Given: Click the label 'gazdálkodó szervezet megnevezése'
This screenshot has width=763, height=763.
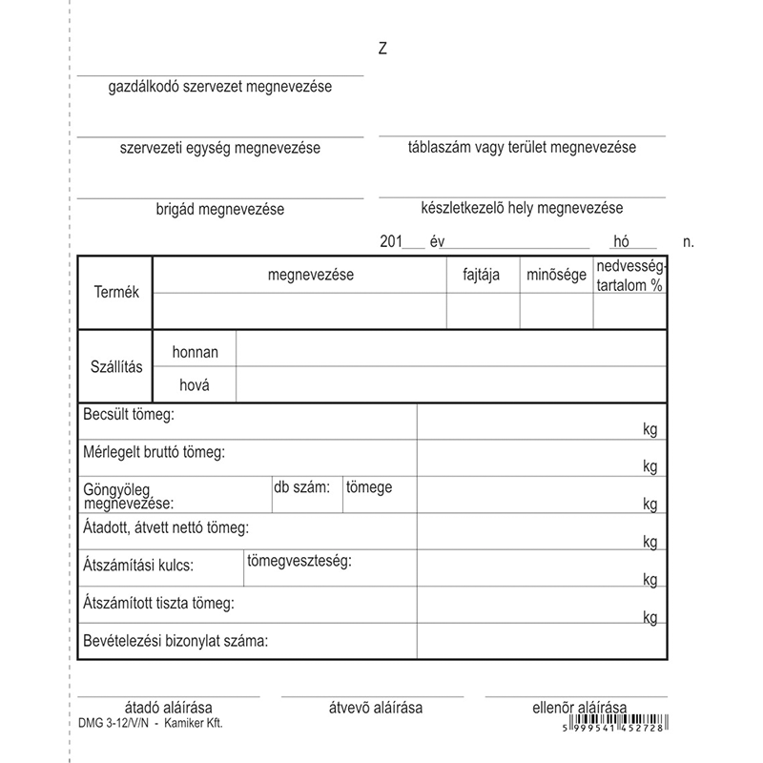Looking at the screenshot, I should (x=219, y=88).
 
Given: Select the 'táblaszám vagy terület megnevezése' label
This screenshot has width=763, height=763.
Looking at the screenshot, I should (x=522, y=148).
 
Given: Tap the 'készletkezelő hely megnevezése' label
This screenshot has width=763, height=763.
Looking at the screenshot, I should (x=522, y=208).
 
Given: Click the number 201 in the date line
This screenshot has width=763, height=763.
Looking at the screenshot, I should (x=391, y=242).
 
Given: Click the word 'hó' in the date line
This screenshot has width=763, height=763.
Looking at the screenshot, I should (x=623, y=242).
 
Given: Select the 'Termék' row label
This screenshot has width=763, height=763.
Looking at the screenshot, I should (x=117, y=292).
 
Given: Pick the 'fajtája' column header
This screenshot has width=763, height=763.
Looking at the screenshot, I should (x=482, y=276).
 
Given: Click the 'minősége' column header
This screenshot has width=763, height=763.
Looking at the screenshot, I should (x=556, y=276).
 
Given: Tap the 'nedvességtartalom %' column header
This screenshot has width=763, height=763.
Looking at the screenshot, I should (x=629, y=276).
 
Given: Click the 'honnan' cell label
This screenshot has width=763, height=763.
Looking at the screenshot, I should (x=196, y=352).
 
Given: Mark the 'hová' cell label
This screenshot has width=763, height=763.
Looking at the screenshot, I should (x=196, y=385).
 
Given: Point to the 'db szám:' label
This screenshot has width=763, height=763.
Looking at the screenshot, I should (x=301, y=487).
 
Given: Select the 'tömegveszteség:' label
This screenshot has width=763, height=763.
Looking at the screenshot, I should (x=299, y=560).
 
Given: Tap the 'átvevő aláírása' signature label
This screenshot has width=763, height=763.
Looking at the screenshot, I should (x=375, y=708).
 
